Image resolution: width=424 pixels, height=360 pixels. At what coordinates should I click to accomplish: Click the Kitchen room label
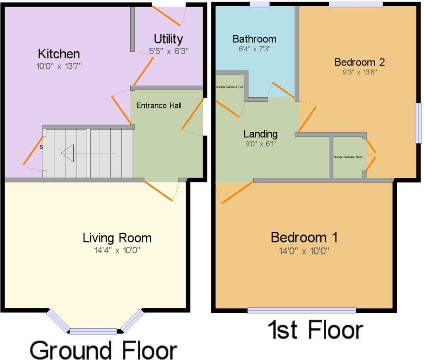click(x=59, y=54)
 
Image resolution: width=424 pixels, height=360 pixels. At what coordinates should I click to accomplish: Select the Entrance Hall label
click(x=159, y=106)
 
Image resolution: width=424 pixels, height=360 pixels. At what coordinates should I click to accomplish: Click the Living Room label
click(x=117, y=238)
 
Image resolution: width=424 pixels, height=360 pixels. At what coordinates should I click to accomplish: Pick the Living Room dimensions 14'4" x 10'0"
click(x=117, y=250)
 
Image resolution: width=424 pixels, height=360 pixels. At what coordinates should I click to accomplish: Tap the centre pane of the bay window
click(x=93, y=331)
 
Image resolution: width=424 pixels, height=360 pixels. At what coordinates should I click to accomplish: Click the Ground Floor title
click(x=103, y=350)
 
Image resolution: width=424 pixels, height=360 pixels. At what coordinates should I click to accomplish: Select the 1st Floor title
click(x=315, y=330)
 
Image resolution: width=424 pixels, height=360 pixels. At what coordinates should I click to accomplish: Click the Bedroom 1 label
click(x=304, y=238)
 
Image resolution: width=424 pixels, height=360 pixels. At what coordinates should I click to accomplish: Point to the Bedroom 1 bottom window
click(x=302, y=311)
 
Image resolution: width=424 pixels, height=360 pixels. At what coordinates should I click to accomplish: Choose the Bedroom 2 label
click(x=359, y=62)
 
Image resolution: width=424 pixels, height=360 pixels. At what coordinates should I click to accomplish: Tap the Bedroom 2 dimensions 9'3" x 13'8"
click(x=359, y=72)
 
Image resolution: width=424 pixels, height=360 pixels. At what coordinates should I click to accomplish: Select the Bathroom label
click(x=254, y=39)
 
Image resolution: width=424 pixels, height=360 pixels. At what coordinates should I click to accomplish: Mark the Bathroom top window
click(x=260, y=4)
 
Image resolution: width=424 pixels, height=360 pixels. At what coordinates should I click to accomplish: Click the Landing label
click(x=260, y=134)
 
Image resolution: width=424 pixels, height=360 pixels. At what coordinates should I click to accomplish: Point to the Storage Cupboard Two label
click(x=229, y=87)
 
